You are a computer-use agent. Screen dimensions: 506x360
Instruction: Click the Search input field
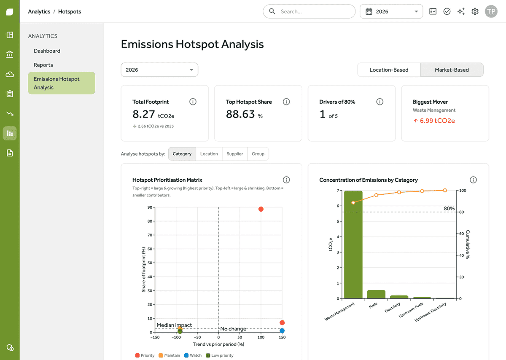[x=309, y=11]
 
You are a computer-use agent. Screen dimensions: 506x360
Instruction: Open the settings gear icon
[x=475, y=11]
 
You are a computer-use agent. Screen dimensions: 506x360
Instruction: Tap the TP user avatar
[x=491, y=11]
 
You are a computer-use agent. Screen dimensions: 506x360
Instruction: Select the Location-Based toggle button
[x=389, y=70]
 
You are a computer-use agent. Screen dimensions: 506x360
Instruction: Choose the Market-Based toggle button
[x=452, y=70]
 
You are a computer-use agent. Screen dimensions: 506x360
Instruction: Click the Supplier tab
[x=235, y=154]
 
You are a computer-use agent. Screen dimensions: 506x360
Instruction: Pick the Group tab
[x=258, y=154]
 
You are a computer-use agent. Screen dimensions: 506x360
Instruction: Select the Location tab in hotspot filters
[x=209, y=154]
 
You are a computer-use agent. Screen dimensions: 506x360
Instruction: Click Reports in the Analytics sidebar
[x=43, y=65]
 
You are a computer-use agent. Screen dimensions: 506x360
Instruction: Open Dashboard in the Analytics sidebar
[x=47, y=51]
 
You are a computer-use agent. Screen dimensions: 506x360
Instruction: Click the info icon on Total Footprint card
[x=193, y=102]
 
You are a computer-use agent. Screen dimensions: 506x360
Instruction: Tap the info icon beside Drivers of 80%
[x=380, y=102]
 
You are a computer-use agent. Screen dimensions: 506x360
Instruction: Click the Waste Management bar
[x=353, y=244]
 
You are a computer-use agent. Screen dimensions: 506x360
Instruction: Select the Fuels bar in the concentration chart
[x=376, y=294]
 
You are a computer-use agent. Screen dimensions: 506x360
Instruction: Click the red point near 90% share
[x=261, y=209]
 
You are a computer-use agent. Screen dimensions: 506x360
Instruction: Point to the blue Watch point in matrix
[x=282, y=330]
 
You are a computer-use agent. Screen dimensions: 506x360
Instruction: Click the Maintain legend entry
[x=169, y=355]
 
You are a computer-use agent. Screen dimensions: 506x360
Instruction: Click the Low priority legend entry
[x=220, y=355]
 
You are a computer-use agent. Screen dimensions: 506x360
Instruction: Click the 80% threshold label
[x=449, y=209]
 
